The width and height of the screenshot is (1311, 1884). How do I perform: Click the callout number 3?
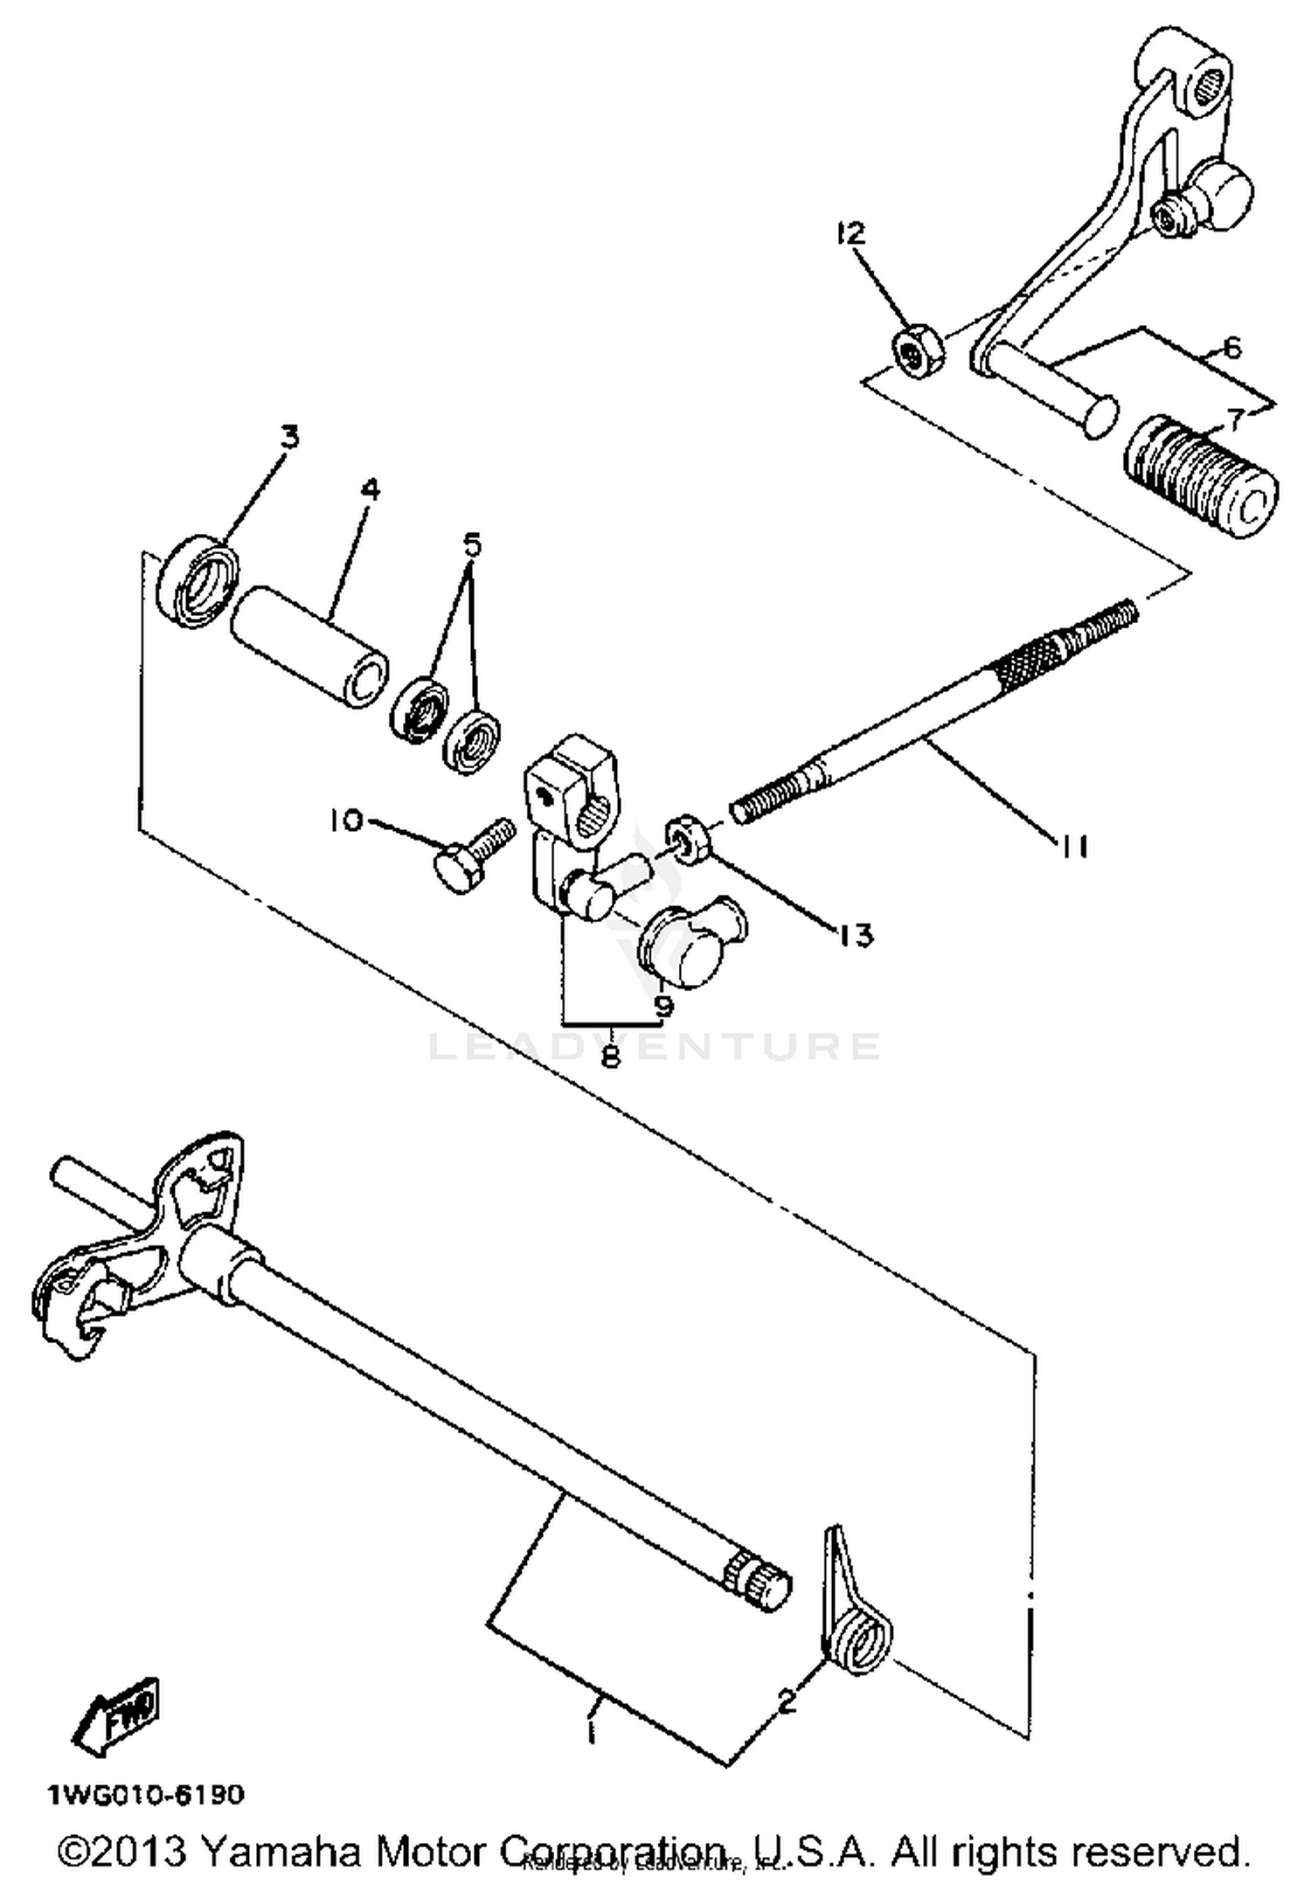(x=288, y=436)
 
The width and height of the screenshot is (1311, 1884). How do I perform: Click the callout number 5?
(x=472, y=544)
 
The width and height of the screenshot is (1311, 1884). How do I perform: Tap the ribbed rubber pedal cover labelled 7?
(x=1199, y=476)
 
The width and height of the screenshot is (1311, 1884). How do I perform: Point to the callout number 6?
(x=1231, y=348)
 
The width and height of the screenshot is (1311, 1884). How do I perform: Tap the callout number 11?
(x=1072, y=846)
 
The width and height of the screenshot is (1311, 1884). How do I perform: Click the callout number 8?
(x=611, y=1056)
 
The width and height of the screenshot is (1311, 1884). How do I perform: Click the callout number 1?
(x=593, y=1730)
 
